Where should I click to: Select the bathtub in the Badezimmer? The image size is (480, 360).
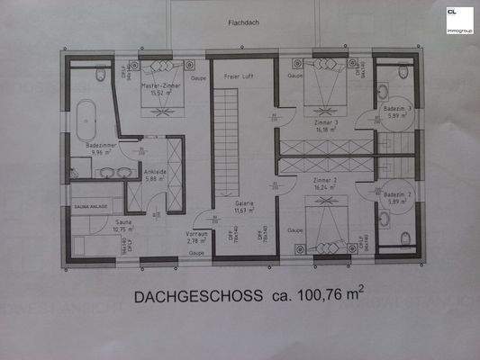(x=86, y=112)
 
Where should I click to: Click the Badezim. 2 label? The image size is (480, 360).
(x=397, y=194)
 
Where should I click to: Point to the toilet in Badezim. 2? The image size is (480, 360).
(x=404, y=237)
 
